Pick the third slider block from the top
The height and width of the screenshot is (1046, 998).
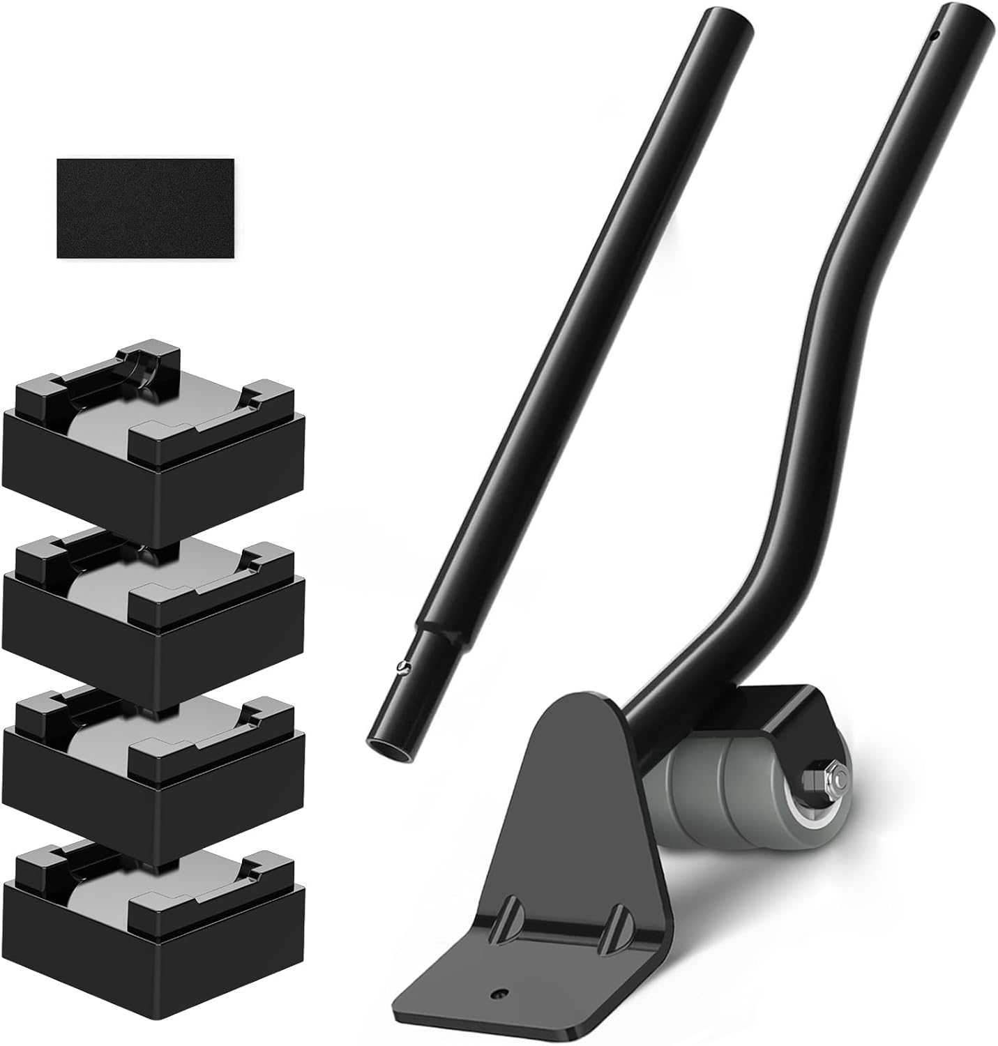[x=153, y=767]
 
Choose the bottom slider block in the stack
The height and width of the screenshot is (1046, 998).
[x=153, y=920]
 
